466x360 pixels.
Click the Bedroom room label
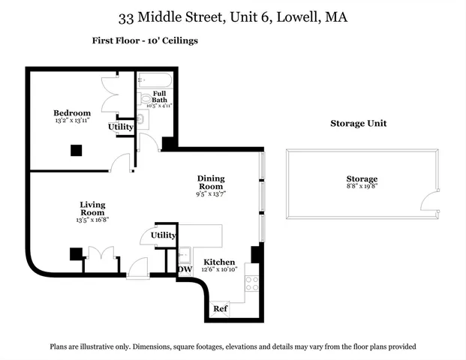pos(72,112)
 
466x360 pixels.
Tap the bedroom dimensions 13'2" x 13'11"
pos(72,120)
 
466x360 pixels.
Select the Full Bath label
pos(159,96)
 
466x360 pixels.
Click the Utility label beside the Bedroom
pos(121,127)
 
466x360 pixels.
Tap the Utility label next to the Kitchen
pos(164,235)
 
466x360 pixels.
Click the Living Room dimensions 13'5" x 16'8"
pos(93,221)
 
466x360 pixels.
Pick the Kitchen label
pos(218,262)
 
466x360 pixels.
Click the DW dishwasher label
pos(185,270)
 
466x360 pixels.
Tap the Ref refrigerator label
pos(220,308)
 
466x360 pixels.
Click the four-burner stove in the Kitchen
pos(252,283)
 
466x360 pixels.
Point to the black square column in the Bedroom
pos(76,150)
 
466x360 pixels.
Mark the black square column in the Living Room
pos(76,253)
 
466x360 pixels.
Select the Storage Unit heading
pos(359,124)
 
